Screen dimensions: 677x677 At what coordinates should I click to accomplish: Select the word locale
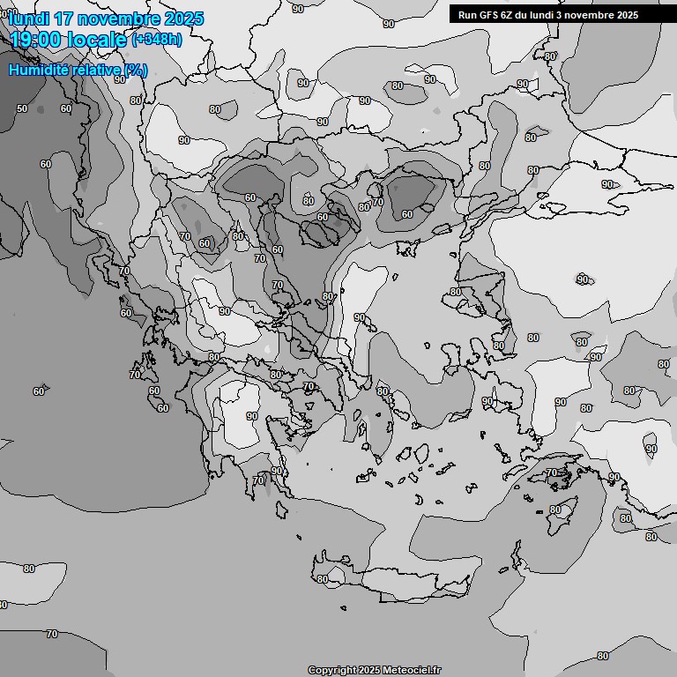(x=100, y=41)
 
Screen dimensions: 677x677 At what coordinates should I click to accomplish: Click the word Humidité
(x=39, y=70)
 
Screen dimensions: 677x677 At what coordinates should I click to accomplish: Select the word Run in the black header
(x=467, y=15)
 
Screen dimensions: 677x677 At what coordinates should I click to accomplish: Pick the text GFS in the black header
(x=487, y=15)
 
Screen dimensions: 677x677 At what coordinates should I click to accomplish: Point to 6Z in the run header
(x=507, y=15)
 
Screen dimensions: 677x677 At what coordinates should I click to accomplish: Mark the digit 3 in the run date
(x=560, y=15)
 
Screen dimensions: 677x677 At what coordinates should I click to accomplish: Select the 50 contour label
(x=22, y=108)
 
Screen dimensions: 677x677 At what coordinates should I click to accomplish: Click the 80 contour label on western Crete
(x=323, y=579)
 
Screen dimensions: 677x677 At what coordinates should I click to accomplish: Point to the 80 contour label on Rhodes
(x=554, y=510)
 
